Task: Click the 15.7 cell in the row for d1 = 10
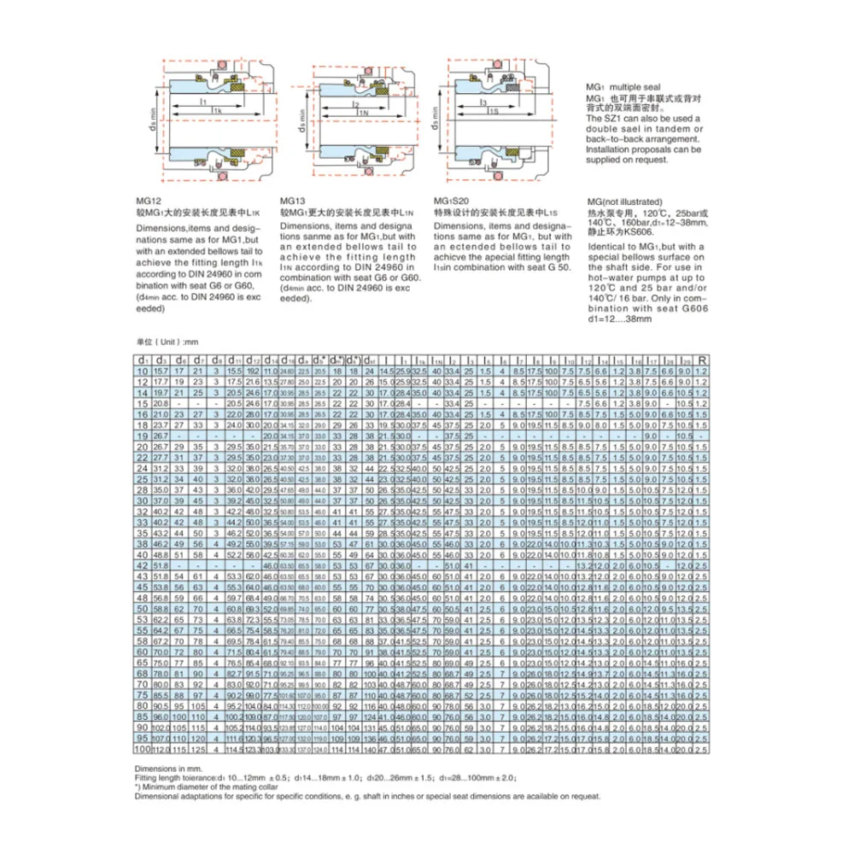coord(161,371)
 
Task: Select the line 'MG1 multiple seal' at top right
coord(623,88)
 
